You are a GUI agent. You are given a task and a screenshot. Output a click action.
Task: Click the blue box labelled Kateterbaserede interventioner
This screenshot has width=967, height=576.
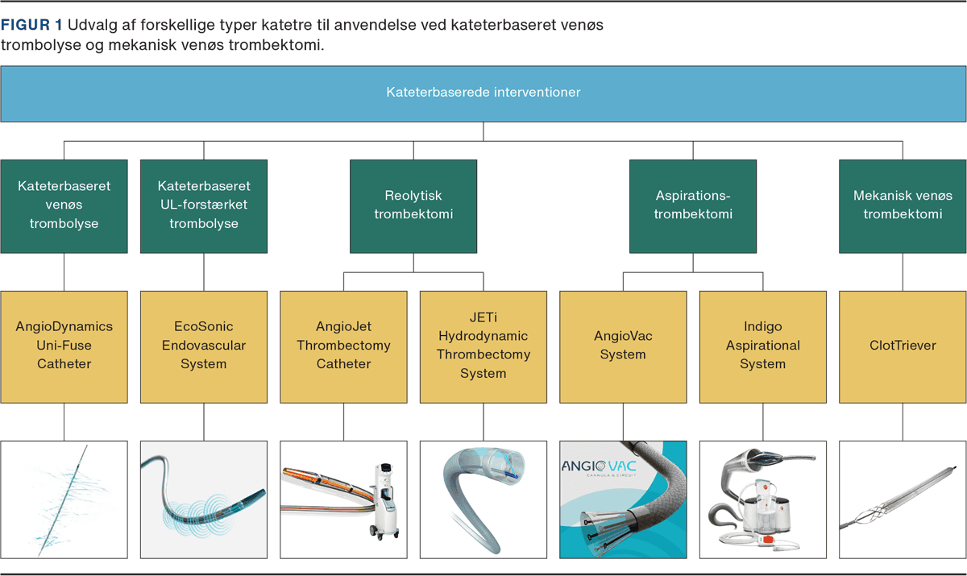[x=483, y=93]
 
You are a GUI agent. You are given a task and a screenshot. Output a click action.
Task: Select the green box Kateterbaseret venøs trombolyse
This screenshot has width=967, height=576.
[x=64, y=206]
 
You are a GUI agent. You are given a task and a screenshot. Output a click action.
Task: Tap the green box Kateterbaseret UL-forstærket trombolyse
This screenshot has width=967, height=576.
[x=204, y=206]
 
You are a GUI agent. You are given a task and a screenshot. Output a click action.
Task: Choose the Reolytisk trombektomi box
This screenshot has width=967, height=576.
[x=413, y=206]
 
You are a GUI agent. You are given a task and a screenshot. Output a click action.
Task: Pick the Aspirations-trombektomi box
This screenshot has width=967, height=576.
[x=693, y=206]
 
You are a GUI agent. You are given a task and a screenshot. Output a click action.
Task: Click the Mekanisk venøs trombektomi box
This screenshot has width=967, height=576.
[x=903, y=206]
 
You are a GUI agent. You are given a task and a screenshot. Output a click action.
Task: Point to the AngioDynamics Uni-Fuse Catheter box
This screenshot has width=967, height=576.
[x=64, y=347]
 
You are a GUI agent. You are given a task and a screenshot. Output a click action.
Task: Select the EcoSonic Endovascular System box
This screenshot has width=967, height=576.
[x=204, y=347]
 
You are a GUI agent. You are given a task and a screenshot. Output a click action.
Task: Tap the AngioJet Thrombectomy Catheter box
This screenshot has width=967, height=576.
[x=343, y=347]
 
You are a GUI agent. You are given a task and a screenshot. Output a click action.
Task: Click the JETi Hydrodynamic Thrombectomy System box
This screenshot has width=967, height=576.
[x=483, y=347]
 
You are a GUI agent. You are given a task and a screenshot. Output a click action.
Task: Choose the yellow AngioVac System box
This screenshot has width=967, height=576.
[x=623, y=347]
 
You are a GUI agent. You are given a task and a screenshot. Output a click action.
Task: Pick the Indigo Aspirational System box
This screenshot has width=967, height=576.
[x=763, y=347]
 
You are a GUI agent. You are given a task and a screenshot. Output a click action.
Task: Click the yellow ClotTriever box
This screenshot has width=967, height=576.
[x=903, y=347]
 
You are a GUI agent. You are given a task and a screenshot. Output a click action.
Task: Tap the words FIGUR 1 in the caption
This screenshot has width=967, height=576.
[x=31, y=25]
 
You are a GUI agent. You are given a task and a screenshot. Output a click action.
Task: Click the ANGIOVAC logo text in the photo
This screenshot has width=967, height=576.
[x=599, y=466]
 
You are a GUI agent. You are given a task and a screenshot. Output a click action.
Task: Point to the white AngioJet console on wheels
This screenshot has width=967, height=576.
[x=384, y=500]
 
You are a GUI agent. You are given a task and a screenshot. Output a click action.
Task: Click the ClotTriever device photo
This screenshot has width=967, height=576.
[x=903, y=499]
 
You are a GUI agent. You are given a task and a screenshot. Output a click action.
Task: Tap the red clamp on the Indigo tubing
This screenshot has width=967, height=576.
[x=767, y=539]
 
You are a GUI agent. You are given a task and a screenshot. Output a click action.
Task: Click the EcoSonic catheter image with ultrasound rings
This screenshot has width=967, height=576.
[x=204, y=499]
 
